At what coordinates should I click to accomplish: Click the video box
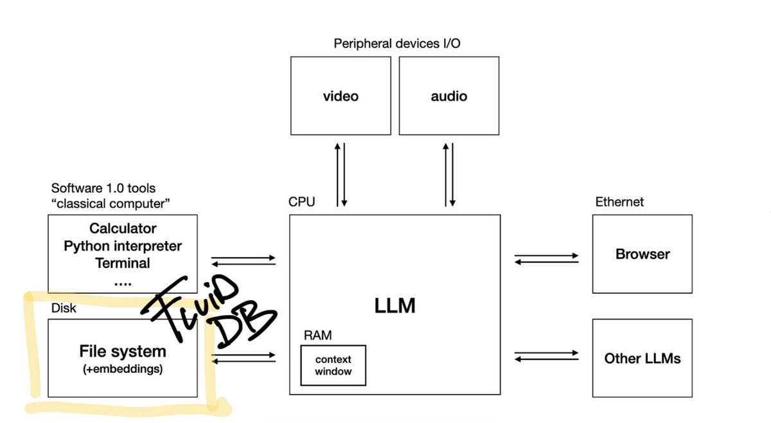(341, 96)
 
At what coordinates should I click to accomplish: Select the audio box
(448, 96)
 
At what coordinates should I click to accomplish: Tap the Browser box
(642, 255)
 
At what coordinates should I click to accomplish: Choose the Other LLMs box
(642, 358)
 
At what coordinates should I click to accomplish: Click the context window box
(333, 365)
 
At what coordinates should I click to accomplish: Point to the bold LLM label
(394, 306)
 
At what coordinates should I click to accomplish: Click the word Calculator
(123, 228)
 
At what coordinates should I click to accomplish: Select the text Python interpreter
(123, 246)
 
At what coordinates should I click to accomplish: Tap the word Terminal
(123, 263)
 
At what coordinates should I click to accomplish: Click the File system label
(123, 352)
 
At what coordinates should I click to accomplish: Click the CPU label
(301, 202)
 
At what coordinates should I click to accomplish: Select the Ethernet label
(619, 202)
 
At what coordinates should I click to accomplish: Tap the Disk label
(64, 308)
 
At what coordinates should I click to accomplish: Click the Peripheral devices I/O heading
(397, 44)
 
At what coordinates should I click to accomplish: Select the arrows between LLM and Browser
(546, 258)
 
